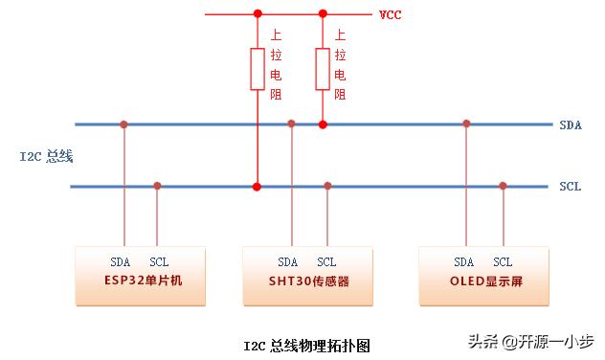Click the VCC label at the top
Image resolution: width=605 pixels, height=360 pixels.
[389, 15]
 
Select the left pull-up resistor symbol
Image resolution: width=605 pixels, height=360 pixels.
[257, 69]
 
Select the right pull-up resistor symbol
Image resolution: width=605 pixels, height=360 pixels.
[323, 69]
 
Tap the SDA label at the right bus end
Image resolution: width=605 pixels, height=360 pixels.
[570, 124]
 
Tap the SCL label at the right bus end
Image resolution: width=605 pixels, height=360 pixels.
[570, 186]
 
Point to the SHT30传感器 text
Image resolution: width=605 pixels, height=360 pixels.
[309, 282]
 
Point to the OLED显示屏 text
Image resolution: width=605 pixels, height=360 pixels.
[484, 282]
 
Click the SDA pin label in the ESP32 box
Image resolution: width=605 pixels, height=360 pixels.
[120, 261]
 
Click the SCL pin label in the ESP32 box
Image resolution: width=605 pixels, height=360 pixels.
[158, 261]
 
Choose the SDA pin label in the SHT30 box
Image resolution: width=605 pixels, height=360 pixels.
[287, 261]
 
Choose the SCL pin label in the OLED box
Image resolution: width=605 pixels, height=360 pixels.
[503, 261]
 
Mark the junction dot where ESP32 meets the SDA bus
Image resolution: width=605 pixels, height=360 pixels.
[123, 124]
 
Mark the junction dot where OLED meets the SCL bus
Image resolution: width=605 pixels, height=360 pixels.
[503, 186]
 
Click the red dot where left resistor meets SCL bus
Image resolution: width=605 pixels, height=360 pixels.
[257, 186]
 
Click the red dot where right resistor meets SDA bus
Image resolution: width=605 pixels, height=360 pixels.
[323, 124]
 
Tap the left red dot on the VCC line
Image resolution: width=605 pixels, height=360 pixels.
[257, 14]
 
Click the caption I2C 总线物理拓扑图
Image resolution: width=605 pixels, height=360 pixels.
[305, 345]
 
